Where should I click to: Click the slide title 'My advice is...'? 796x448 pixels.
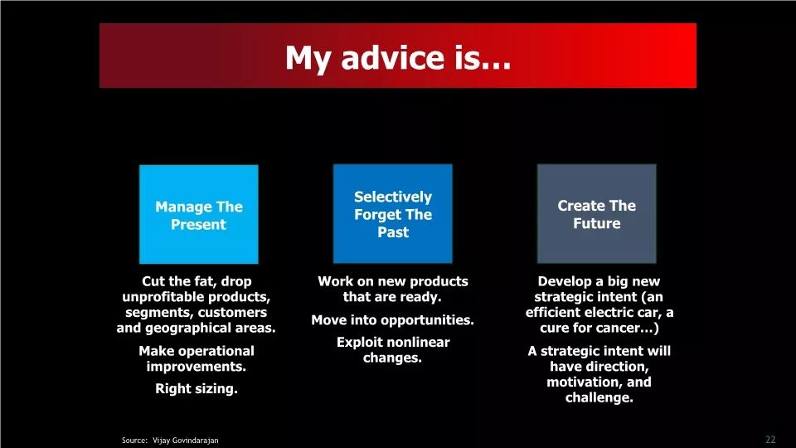(x=397, y=57)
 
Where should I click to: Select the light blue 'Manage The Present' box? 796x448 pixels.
(x=198, y=214)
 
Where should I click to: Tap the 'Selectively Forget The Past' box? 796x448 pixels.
(x=392, y=213)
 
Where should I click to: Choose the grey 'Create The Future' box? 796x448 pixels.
(x=596, y=213)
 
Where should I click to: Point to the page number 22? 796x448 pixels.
(x=770, y=440)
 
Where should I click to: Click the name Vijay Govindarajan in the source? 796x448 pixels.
(x=185, y=441)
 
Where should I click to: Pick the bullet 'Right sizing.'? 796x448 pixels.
(x=197, y=388)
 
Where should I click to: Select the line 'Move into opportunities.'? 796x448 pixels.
(x=392, y=320)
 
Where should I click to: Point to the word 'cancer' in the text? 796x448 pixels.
(x=623, y=328)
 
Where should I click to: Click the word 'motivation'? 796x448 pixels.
(x=584, y=382)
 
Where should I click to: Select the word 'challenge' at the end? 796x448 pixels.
(x=598, y=397)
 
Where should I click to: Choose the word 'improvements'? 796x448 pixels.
(x=195, y=366)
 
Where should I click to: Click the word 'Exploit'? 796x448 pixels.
(x=356, y=342)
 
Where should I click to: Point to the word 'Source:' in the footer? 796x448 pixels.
(x=134, y=441)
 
